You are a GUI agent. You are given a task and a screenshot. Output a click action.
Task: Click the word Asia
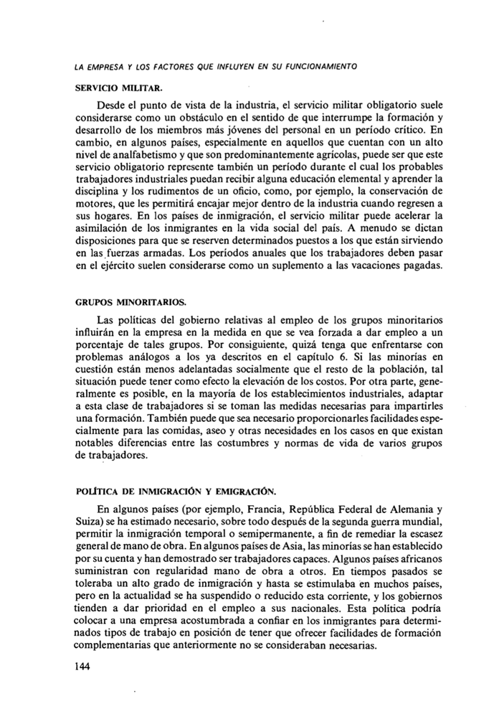[260, 547]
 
